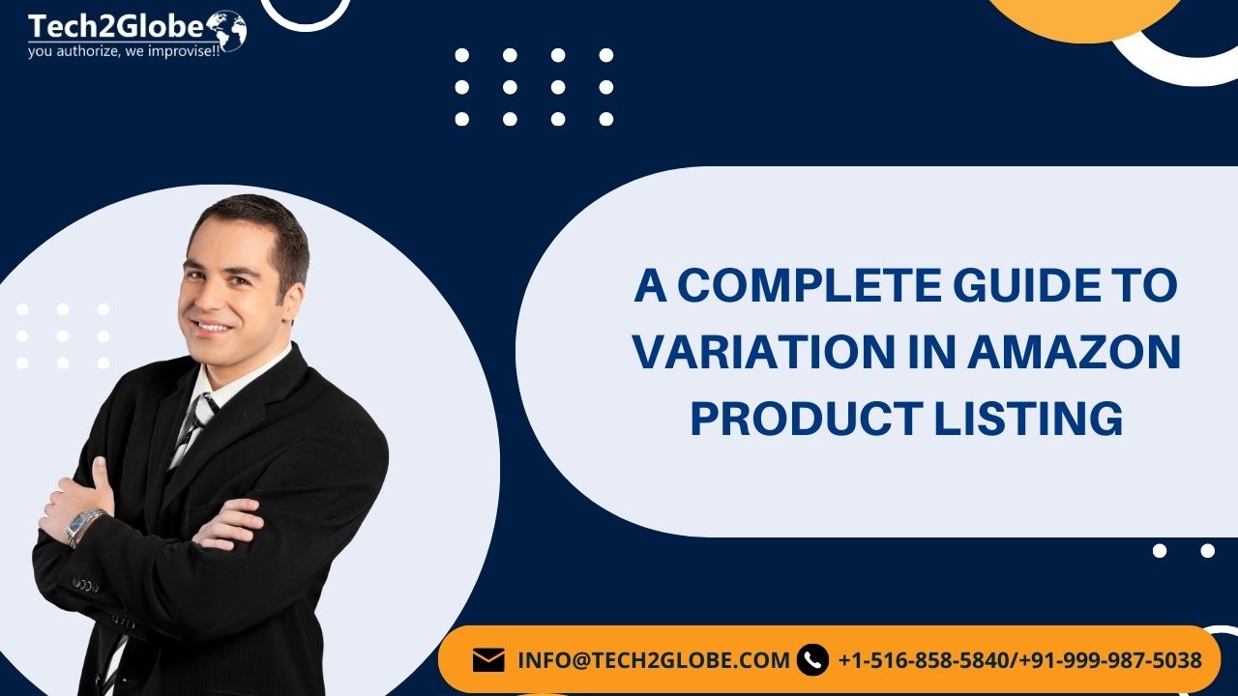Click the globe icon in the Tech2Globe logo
[226, 30]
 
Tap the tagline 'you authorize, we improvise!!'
[125, 51]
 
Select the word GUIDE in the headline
[982, 286]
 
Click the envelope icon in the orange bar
[488, 660]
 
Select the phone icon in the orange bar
[813, 660]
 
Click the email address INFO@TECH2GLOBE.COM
[654, 660]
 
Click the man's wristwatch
[86, 525]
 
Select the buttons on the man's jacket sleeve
[85, 585]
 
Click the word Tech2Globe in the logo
[115, 26]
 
